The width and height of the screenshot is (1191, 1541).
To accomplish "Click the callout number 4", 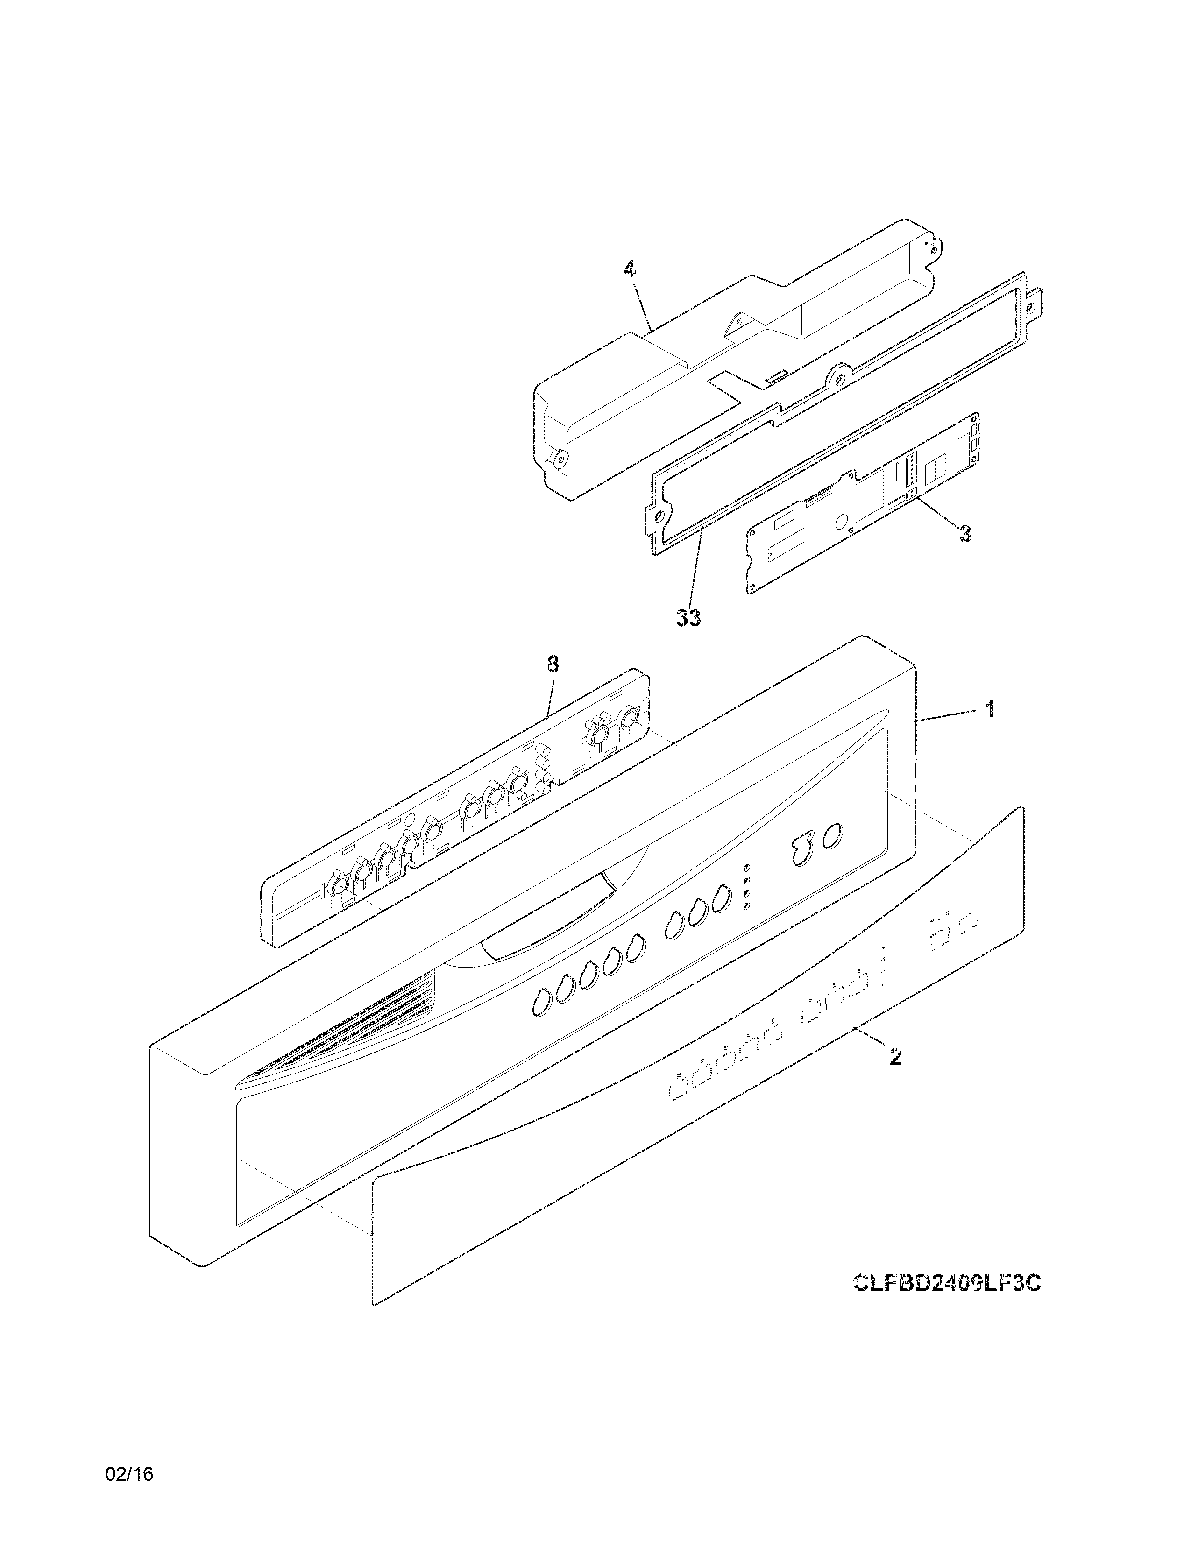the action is [629, 269].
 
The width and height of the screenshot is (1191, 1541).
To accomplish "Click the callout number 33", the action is [688, 618].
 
